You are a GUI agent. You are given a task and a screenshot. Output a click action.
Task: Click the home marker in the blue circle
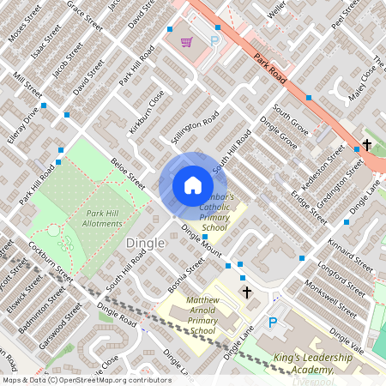(193, 185)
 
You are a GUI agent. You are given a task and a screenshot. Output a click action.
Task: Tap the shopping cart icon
(186, 41)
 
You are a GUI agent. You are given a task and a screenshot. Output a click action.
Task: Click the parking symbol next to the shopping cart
(215, 41)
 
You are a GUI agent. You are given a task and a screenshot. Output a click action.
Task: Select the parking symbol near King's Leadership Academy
(274, 323)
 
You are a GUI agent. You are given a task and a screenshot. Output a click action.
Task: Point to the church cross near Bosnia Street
(247, 293)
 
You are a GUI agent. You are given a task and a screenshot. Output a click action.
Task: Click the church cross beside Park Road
(367, 145)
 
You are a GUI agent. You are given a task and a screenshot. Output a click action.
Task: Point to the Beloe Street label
(128, 173)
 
